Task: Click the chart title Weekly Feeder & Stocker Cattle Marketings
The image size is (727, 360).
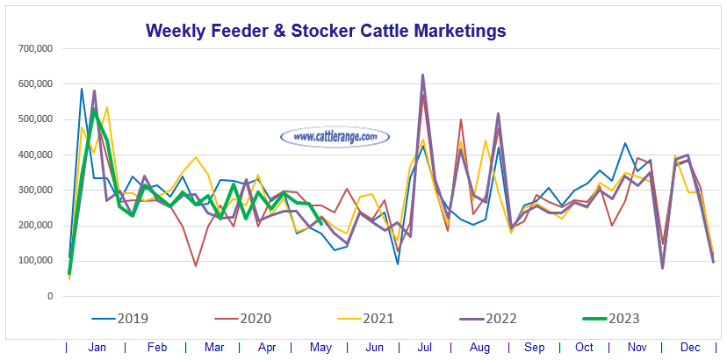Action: pyautogui.click(x=326, y=30)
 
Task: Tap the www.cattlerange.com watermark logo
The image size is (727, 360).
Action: pyautogui.click(x=335, y=137)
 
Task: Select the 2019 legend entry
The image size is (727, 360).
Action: pyautogui.click(x=129, y=319)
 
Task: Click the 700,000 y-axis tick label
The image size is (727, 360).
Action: pyautogui.click(x=36, y=48)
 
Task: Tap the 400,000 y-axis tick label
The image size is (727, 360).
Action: pyautogui.click(x=36, y=155)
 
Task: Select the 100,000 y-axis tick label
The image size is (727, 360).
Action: pyautogui.click(x=36, y=261)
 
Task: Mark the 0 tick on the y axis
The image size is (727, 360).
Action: pyautogui.click(x=50, y=296)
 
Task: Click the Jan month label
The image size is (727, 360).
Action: pyautogui.click(x=97, y=349)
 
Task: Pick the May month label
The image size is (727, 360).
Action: pyautogui.click(x=319, y=349)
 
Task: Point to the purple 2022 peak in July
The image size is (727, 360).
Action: pyautogui.click(x=423, y=75)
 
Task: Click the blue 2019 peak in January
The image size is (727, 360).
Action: pyautogui.click(x=82, y=88)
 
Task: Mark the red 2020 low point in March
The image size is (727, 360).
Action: pyautogui.click(x=196, y=265)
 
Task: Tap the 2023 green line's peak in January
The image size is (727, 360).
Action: pyautogui.click(x=94, y=110)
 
